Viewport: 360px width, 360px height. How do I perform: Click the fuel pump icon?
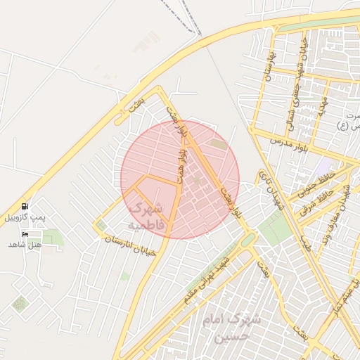pyautogui.click(x=25, y=207)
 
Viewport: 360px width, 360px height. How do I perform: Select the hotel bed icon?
pyautogui.click(x=26, y=233)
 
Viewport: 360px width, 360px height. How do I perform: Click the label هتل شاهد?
pyautogui.click(x=25, y=244)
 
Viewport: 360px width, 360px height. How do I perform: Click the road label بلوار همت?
pyautogui.click(x=182, y=152)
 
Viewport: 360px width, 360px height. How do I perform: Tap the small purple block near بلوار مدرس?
pyautogui.click(x=325, y=168)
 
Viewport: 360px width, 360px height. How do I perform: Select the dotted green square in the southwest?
pyautogui.click(x=20, y=304)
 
